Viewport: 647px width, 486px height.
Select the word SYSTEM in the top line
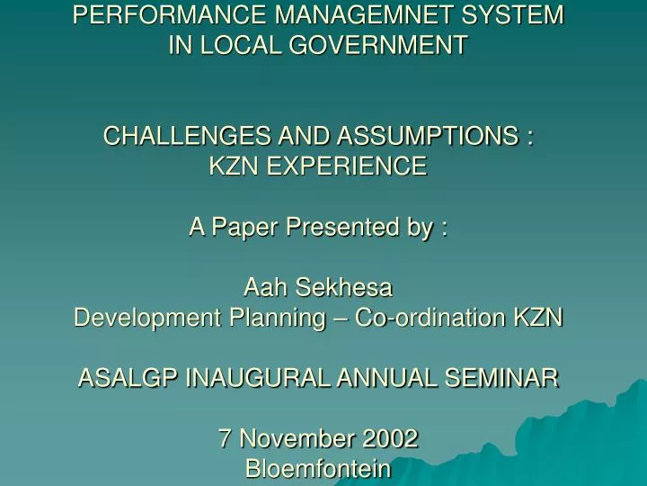518,15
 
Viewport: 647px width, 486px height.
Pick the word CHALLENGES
187,137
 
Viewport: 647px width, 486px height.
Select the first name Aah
263,288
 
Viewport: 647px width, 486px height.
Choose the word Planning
254,318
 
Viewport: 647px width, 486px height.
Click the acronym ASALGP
128,379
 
